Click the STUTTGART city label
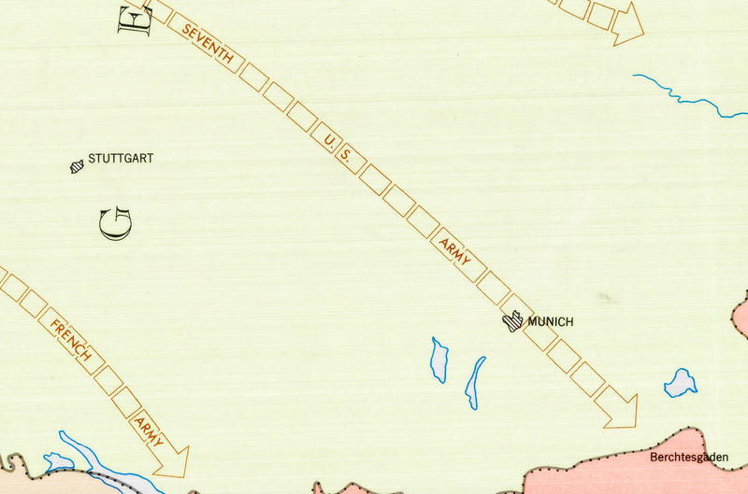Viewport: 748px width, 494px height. pyautogui.click(x=120, y=159)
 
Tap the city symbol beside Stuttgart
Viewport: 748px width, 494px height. pyautogui.click(x=77, y=167)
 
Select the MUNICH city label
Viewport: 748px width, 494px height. pyautogui.click(x=550, y=322)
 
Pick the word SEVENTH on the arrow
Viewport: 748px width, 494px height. pyautogui.click(x=207, y=45)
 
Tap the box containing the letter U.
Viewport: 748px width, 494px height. pyautogui.click(x=327, y=140)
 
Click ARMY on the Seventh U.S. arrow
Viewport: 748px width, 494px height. pyautogui.click(x=455, y=248)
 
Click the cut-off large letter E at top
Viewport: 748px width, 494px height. pyautogui.click(x=134, y=16)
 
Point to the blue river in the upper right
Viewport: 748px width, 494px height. pyautogui.click(x=683, y=93)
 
